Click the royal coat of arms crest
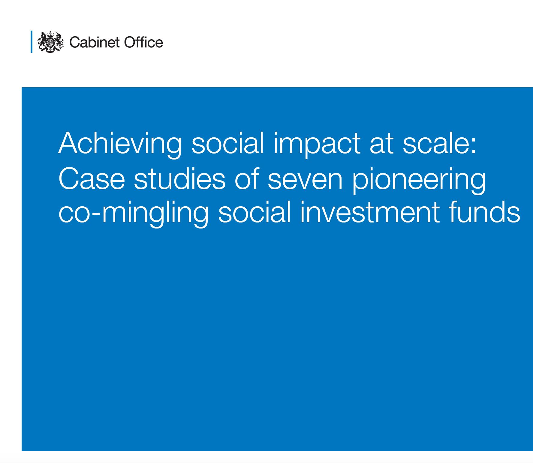click(51, 42)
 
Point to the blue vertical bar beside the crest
click(32, 42)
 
